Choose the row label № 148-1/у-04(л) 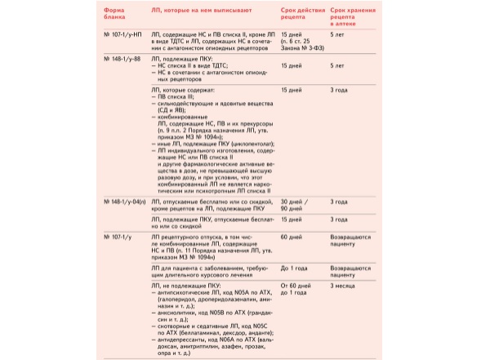pos(124,201)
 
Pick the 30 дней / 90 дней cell pos(294,204)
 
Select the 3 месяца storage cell pos(345,287)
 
